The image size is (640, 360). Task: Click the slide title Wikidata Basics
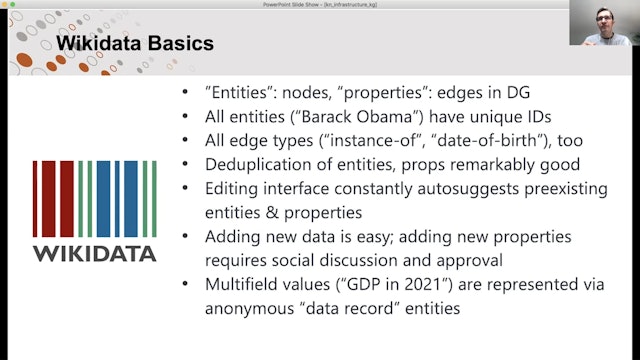coord(133,44)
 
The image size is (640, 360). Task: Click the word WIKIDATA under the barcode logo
coord(94,253)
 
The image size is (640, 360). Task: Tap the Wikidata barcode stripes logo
coord(94,198)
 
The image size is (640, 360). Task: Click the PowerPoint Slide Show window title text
coord(321,5)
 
